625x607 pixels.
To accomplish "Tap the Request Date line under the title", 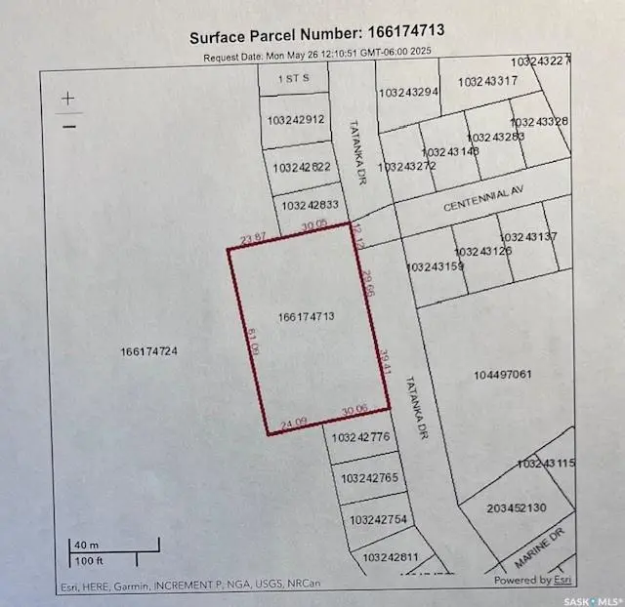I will tap(317, 54).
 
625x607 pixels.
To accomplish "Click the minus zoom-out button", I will tap(68, 126).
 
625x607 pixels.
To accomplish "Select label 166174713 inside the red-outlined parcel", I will tap(307, 316).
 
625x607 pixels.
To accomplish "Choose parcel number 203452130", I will tap(511, 507).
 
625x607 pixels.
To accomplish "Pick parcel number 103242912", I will tap(295, 120).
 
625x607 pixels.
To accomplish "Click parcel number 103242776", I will tap(360, 437).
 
